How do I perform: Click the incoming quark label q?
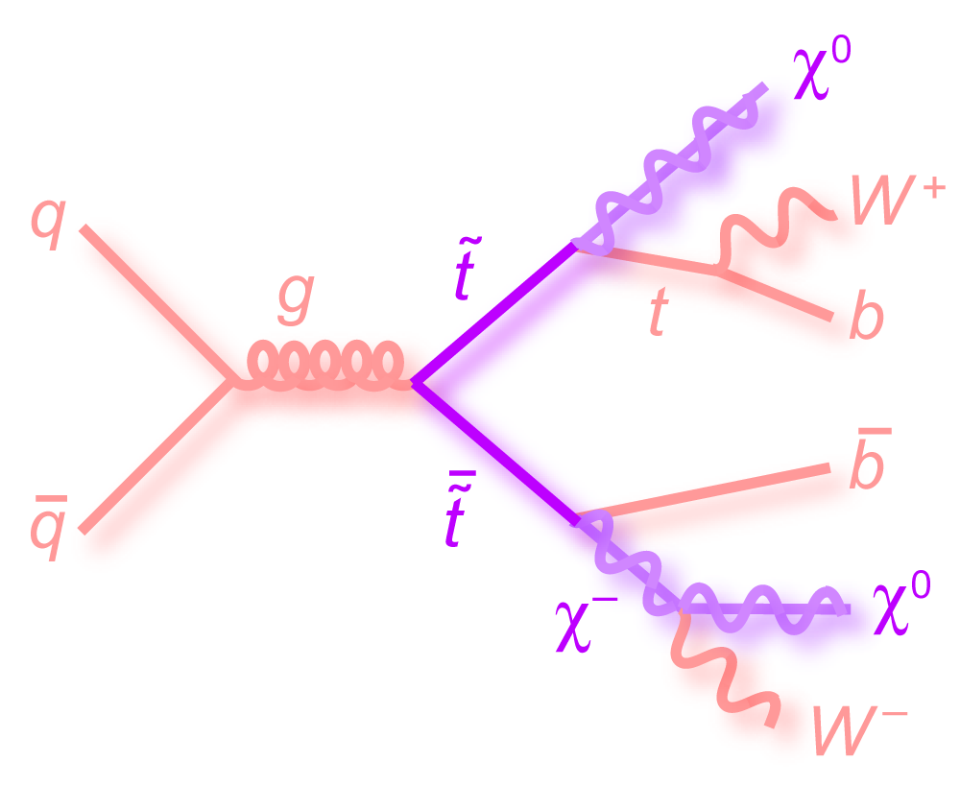47,223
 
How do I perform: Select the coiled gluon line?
322,369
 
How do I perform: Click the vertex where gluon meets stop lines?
414,382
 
